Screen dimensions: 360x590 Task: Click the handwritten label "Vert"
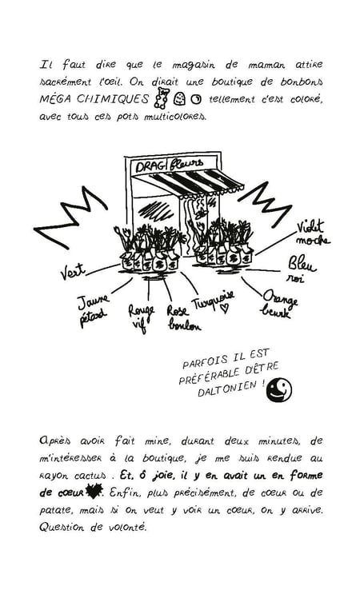pos(73,271)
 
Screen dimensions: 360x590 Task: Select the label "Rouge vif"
pos(141,318)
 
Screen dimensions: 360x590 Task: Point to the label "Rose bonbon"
pos(183,318)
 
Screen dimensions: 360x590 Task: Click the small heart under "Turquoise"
pos(225,309)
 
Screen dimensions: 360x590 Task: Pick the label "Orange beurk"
pos(280,304)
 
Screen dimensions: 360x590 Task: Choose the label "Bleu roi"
pos(302,269)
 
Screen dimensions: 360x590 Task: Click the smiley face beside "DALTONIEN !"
pos(279,389)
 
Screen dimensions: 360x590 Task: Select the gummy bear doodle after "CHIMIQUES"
pos(161,98)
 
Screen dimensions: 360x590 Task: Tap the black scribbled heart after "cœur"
pos(94,490)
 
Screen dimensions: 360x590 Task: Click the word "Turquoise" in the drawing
pos(214,300)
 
